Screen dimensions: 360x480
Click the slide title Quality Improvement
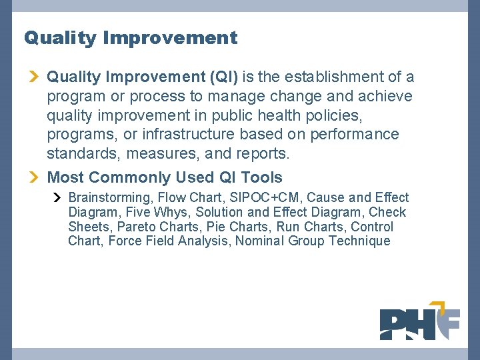[x=131, y=38]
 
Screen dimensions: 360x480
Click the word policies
[x=331, y=115]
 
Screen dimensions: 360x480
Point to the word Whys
[x=171, y=212]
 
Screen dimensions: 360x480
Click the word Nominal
[x=259, y=241]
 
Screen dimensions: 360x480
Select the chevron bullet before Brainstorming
[x=57, y=197]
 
